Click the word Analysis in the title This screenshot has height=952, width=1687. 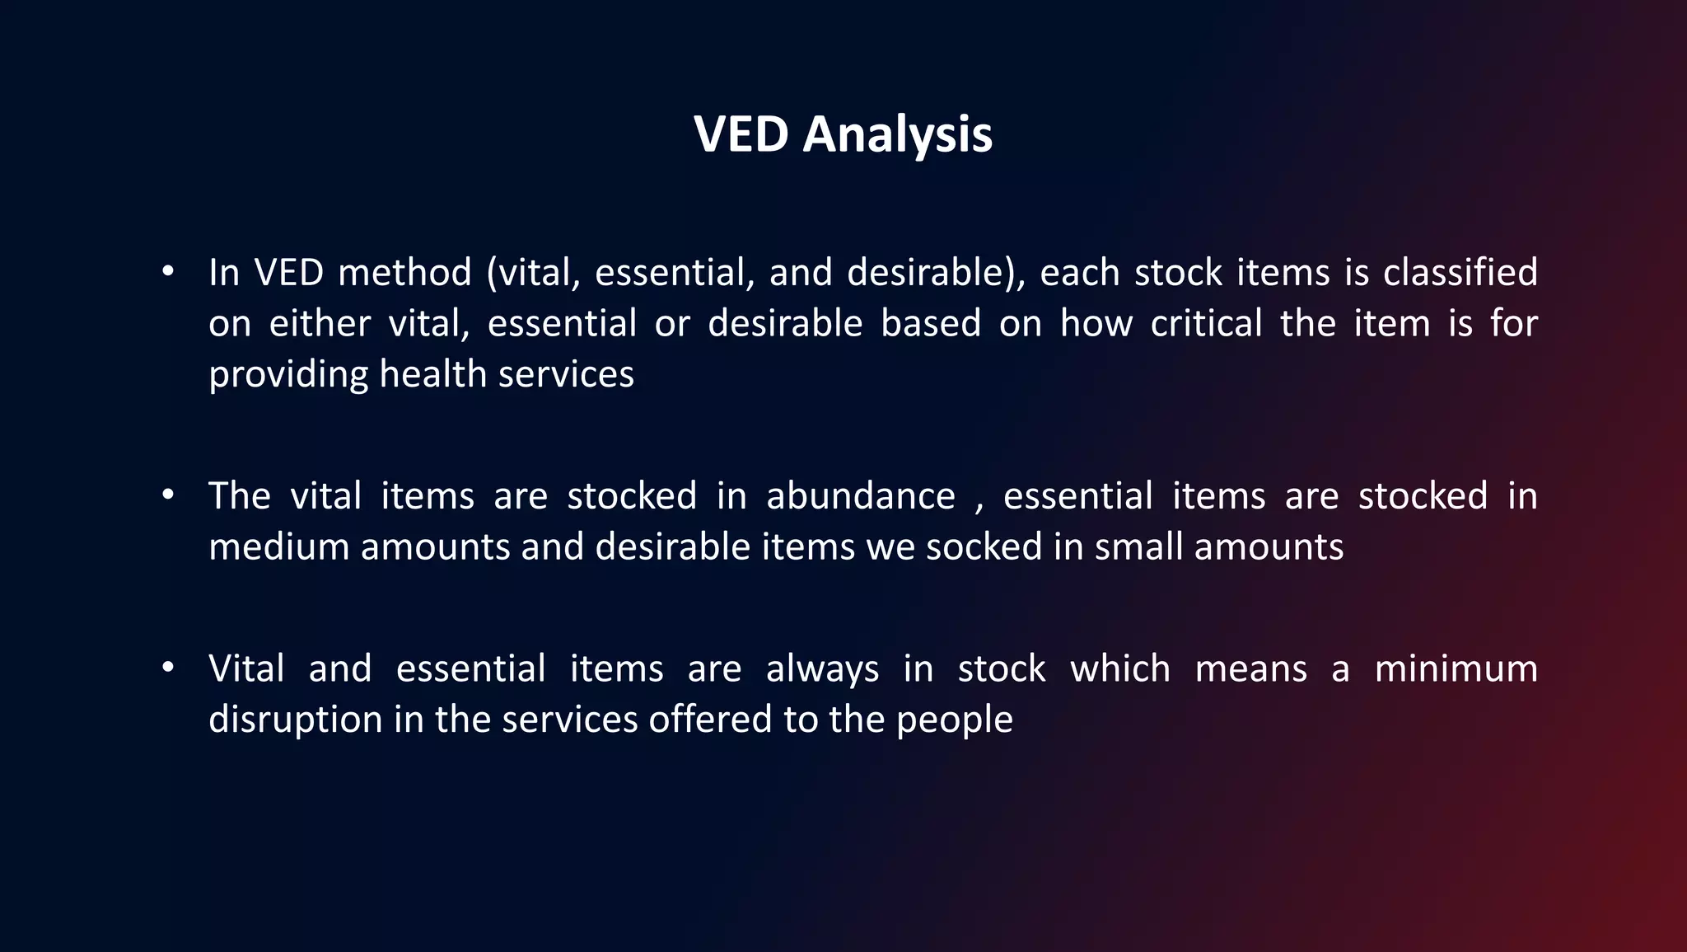point(897,134)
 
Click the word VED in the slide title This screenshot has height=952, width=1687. point(741,134)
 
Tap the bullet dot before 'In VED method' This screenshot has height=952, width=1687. point(168,270)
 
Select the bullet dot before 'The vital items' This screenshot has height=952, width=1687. point(168,495)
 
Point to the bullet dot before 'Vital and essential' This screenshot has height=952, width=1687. point(168,667)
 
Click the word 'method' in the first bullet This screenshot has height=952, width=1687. point(404,273)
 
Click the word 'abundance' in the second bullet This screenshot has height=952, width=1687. point(861,496)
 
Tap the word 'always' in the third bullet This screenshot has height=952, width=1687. point(822,669)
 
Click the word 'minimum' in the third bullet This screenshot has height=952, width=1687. point(1456,668)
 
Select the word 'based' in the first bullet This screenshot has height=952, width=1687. point(930,323)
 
